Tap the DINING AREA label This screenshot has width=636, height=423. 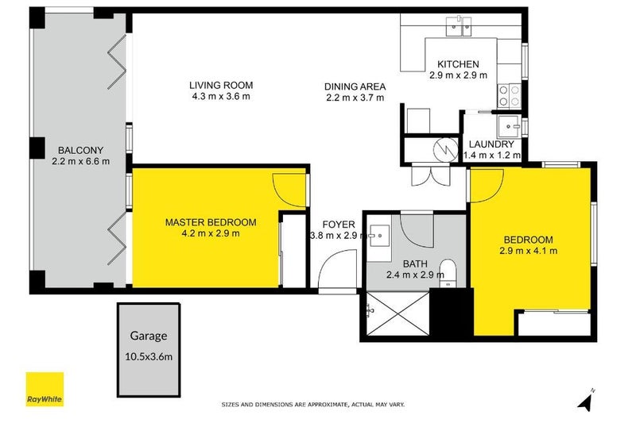(x=355, y=87)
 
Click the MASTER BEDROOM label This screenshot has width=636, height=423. (x=210, y=221)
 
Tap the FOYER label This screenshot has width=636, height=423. (x=338, y=224)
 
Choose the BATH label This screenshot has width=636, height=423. (x=416, y=263)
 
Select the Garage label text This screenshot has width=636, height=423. (x=147, y=336)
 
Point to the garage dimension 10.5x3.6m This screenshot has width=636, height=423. (x=147, y=356)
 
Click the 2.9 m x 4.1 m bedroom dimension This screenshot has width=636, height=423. (x=528, y=251)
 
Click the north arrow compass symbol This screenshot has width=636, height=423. (x=586, y=401)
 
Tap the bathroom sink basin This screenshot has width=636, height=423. (x=376, y=236)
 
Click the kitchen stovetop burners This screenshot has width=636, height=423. (x=509, y=97)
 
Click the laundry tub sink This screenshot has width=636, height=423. (x=510, y=125)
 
